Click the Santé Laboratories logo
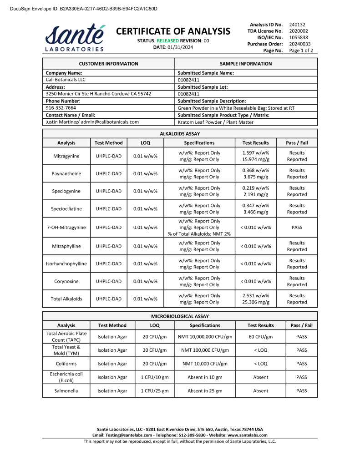click(x=75, y=37)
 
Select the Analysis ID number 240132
click(x=297, y=25)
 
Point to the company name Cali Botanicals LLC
click(x=66, y=80)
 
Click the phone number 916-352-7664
click(x=61, y=108)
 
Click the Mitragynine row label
click(x=66, y=156)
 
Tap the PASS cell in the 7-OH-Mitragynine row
click(x=297, y=228)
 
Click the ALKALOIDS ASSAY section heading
click(x=180, y=134)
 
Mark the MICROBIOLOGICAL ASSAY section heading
click(x=180, y=316)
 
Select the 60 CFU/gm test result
click(x=260, y=337)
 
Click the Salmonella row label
click(x=66, y=391)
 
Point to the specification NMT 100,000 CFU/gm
click(x=205, y=350)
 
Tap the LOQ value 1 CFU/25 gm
click(x=154, y=391)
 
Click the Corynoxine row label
click(x=66, y=281)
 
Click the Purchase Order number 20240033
click(x=299, y=44)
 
